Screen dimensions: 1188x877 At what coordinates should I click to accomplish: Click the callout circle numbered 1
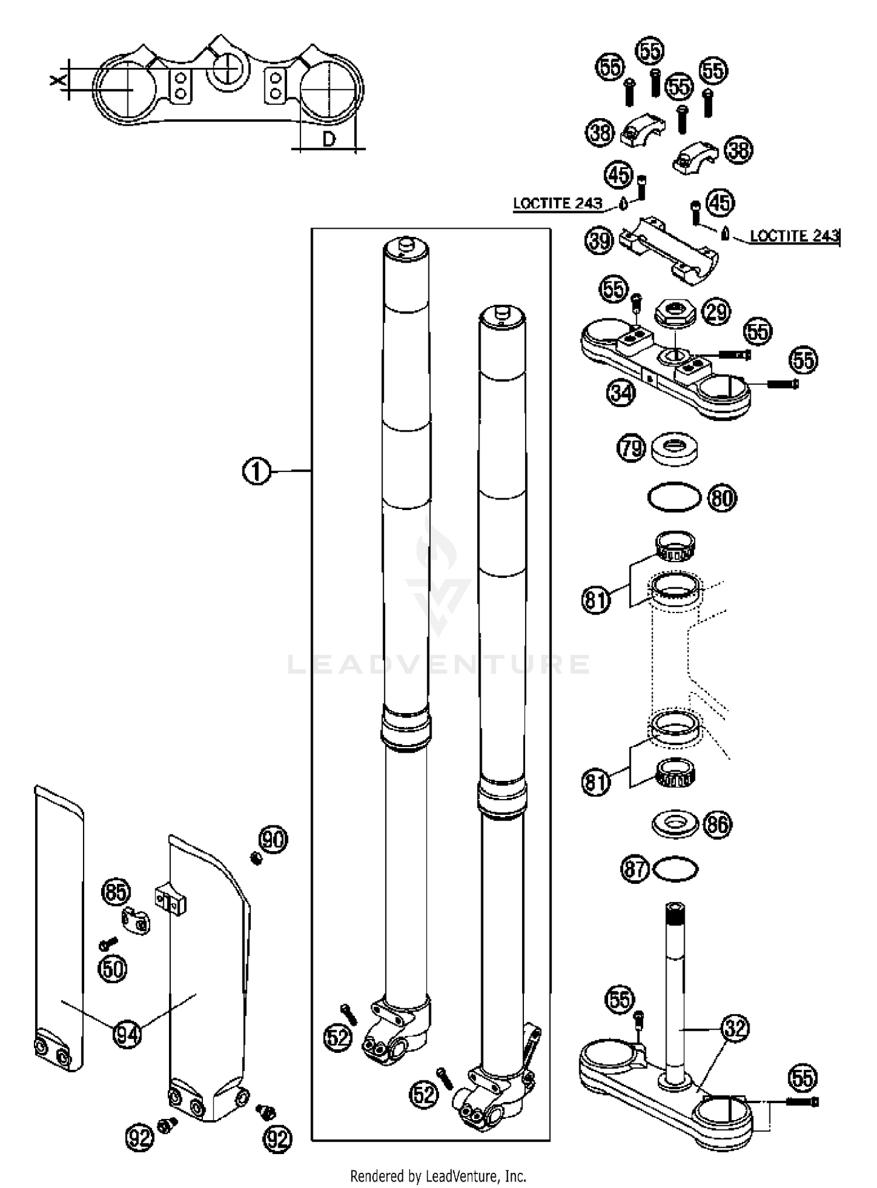pyautogui.click(x=256, y=471)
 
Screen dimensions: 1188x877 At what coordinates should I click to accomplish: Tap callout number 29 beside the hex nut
pyautogui.click(x=717, y=312)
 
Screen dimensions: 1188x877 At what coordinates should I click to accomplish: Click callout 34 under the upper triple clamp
pyautogui.click(x=620, y=393)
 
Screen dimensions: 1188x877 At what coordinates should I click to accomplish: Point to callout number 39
pyautogui.click(x=599, y=241)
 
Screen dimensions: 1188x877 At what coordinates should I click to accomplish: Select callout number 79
pyautogui.click(x=631, y=449)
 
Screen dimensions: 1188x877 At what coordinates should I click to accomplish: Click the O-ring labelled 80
pyautogui.click(x=674, y=497)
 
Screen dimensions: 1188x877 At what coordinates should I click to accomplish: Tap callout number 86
pyautogui.click(x=718, y=824)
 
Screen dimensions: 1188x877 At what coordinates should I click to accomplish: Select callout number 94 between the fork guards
pyautogui.click(x=127, y=1034)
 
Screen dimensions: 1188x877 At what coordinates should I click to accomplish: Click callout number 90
pyautogui.click(x=273, y=840)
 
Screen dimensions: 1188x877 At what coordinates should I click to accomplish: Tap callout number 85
pyautogui.click(x=116, y=893)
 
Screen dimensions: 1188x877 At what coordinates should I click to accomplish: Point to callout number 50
pyautogui.click(x=113, y=969)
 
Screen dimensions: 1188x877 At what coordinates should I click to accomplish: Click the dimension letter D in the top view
pyautogui.click(x=329, y=139)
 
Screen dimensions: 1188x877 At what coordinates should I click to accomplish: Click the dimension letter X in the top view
pyautogui.click(x=57, y=80)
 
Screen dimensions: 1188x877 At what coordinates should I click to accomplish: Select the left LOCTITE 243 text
pyautogui.click(x=557, y=204)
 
